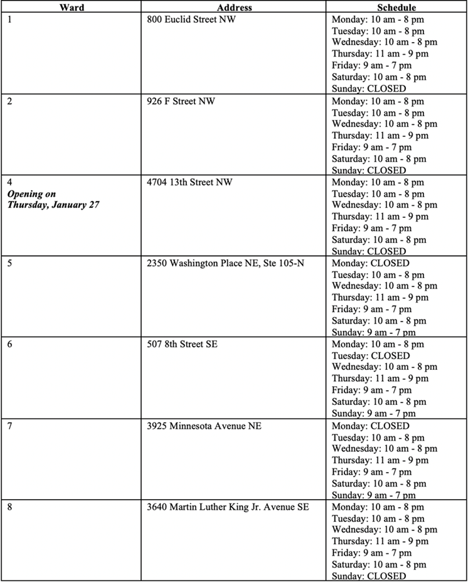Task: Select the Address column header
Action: (235, 8)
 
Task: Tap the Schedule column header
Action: (397, 8)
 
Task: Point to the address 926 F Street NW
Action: (181, 100)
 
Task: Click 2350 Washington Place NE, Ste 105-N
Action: (225, 263)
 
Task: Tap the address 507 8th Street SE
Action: (182, 344)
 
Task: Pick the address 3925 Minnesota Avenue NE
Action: (204, 426)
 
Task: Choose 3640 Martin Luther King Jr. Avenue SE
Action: (228, 507)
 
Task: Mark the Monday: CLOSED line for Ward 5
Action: (370, 263)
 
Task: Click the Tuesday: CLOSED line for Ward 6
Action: (370, 356)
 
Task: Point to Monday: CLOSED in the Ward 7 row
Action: (370, 426)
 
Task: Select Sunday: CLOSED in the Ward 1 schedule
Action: (369, 89)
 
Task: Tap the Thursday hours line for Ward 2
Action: (380, 136)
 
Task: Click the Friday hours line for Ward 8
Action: (371, 553)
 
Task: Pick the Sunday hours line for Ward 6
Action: (373, 414)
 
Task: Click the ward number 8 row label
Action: (10, 507)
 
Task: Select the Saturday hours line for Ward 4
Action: (379, 240)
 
